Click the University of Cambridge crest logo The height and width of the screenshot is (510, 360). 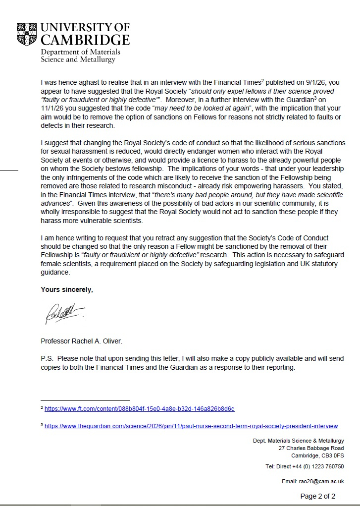[x=27, y=34]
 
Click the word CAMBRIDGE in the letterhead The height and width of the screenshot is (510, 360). [x=85, y=40]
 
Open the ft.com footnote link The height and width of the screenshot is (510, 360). [x=139, y=409]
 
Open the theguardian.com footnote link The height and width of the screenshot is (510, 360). [x=191, y=426]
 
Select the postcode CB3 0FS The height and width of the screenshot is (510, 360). [x=332, y=455]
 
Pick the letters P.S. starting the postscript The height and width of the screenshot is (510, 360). [x=47, y=358]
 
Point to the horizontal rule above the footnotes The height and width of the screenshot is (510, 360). [x=85, y=400]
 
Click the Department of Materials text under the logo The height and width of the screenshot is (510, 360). [x=80, y=52]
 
